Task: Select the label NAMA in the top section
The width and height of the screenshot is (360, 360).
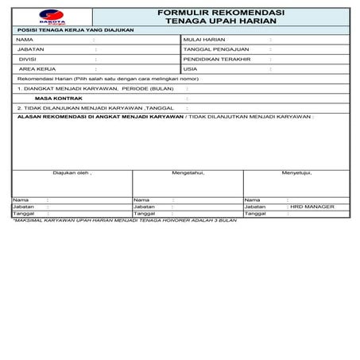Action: pos(25,38)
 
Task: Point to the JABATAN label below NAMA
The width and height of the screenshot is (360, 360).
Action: pos(29,48)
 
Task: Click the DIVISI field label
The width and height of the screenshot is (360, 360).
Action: pos(27,59)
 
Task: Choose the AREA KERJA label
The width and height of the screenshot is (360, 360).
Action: pos(34,69)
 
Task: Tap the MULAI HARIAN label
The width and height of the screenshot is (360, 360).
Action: pos(203,38)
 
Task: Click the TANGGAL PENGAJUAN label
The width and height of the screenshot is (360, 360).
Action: pos(211,48)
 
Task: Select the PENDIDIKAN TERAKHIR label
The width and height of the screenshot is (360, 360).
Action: pos(216,59)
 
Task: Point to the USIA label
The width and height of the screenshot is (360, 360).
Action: pos(190,69)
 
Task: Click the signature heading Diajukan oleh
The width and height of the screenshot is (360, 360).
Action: pos(72,172)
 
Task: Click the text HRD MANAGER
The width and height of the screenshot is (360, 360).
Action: pos(312,207)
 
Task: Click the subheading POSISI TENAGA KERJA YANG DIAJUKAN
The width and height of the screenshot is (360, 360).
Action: pos(75,29)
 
